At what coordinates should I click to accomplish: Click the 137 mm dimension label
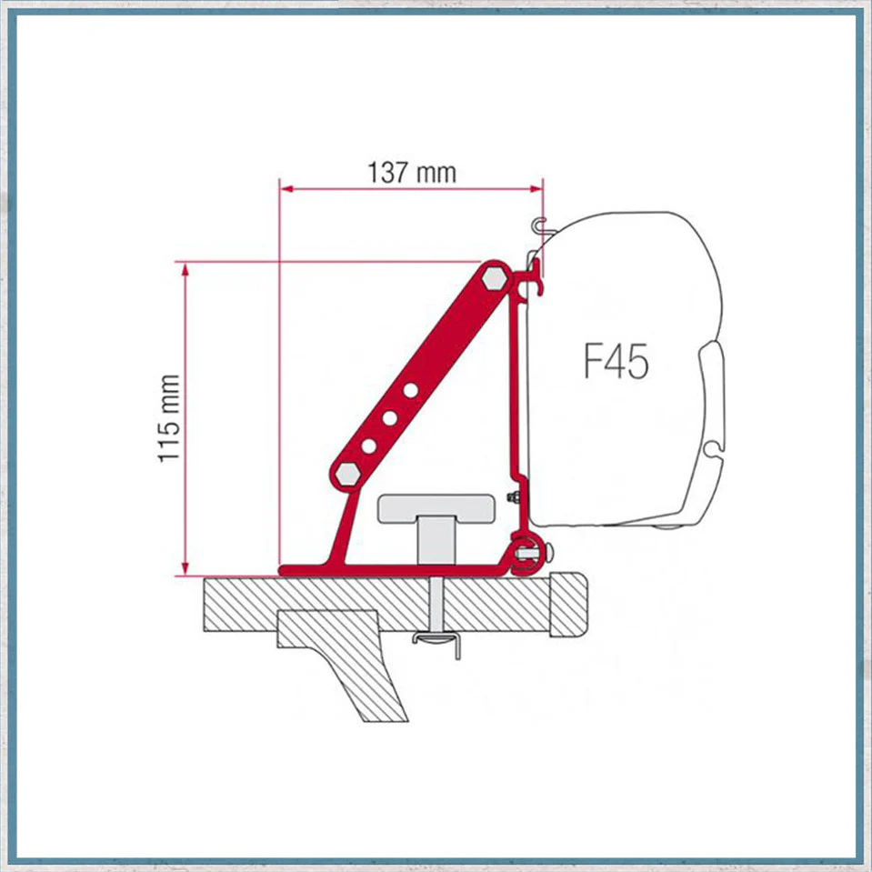pos(412,173)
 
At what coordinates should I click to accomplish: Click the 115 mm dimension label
pos(168,418)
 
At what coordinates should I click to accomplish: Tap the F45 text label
pos(616,361)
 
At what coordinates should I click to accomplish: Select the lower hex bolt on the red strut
pos(347,474)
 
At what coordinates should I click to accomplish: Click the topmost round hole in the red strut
pos(410,390)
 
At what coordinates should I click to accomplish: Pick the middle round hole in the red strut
pos(390,418)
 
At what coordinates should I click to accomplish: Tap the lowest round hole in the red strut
pos(368,446)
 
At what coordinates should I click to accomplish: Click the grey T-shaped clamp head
pos(436,508)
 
